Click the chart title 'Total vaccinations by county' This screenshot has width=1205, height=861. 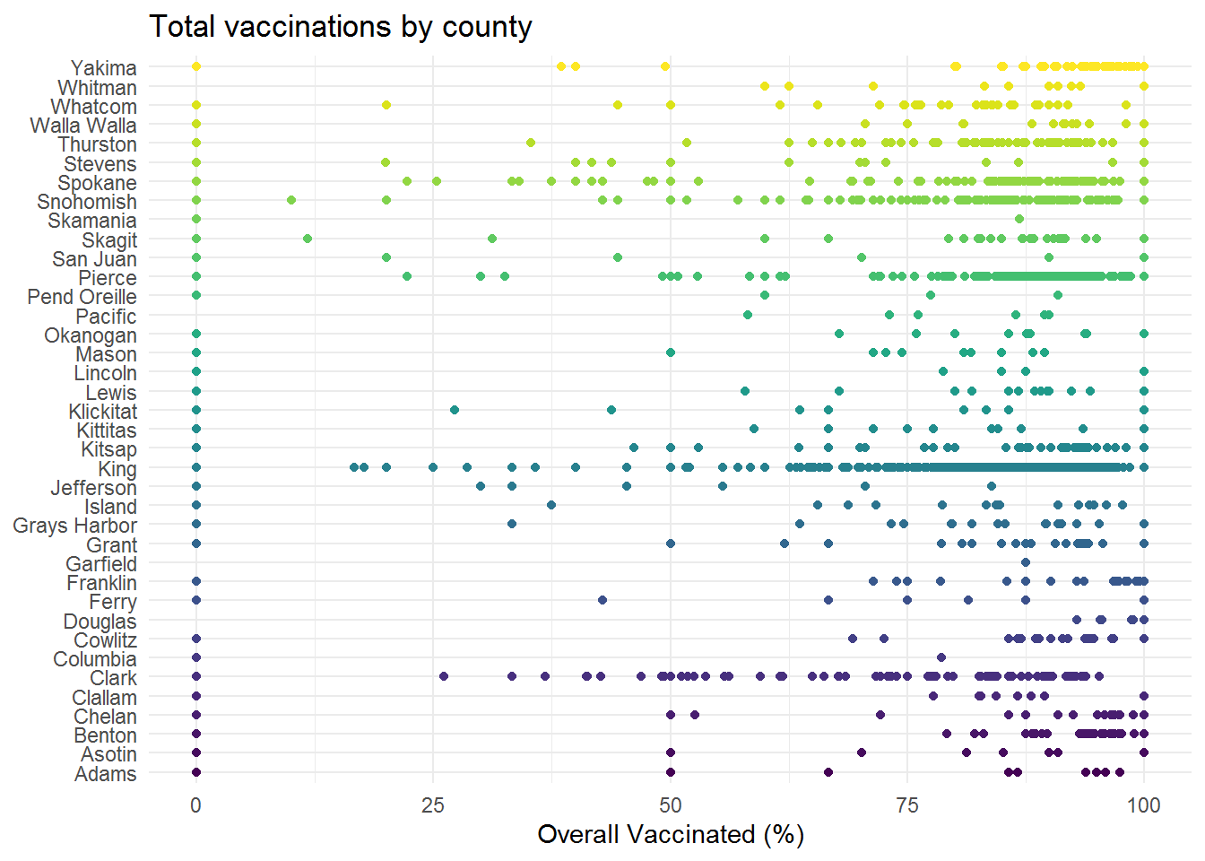coord(340,27)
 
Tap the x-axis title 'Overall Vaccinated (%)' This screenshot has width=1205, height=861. coord(671,835)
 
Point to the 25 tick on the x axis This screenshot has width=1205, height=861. coord(432,805)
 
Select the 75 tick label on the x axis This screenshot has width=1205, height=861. coord(907,805)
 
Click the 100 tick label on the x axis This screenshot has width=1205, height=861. coord(1144,805)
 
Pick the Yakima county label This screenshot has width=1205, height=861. coord(104,68)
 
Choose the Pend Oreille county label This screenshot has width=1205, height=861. coord(82,297)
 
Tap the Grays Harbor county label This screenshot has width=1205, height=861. coord(74,526)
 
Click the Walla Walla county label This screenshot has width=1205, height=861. coord(83,126)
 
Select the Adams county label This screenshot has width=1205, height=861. coord(106,773)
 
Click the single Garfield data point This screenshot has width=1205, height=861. coord(1026,562)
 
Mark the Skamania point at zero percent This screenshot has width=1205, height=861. coord(196,219)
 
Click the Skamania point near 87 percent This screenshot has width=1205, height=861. coord(1019,219)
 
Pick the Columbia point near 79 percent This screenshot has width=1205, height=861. coord(941,657)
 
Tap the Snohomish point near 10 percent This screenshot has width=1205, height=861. coord(291,200)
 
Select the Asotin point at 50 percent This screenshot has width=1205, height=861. coord(671,752)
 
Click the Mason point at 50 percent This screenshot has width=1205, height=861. coord(671,352)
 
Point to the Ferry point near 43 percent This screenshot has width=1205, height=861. coord(602,600)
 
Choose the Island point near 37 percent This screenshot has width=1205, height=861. coord(550,505)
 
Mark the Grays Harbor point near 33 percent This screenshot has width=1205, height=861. coord(512,524)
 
